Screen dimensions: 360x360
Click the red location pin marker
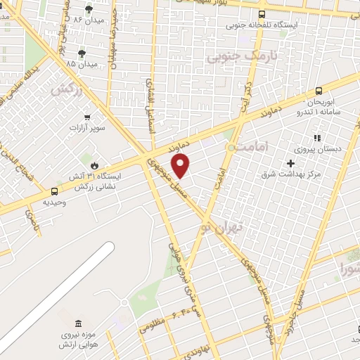point(181,166)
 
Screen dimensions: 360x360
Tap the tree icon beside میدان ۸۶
point(89,9)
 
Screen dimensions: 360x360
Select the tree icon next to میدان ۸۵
point(82,53)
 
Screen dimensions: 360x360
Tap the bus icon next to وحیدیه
point(55,191)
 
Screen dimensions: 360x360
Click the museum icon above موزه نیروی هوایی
point(77,323)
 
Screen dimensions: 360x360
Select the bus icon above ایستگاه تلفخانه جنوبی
point(262,13)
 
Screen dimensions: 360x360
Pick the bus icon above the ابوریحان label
point(319,90)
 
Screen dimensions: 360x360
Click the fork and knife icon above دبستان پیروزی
point(317,138)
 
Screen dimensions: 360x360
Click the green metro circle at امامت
point(231,147)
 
